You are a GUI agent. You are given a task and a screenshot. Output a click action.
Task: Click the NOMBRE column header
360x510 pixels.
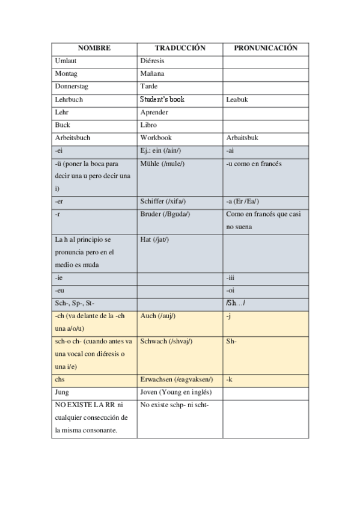[94, 48]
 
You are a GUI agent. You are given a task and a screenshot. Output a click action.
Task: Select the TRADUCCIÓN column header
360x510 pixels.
[180, 48]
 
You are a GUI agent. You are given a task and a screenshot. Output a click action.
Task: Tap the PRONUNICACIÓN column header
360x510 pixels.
[265, 48]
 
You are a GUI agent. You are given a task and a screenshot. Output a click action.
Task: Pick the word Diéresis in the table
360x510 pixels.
[152, 61]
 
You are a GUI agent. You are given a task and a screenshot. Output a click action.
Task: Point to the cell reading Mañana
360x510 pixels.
[152, 74]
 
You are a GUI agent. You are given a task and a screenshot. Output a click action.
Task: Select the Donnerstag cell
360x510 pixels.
[72, 87]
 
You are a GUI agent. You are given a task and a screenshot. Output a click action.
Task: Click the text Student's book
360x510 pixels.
[162, 99]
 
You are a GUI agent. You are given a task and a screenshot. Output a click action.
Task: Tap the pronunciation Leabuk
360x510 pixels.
[237, 100]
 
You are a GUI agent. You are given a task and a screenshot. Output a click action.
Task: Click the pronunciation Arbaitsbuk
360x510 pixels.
[242, 138]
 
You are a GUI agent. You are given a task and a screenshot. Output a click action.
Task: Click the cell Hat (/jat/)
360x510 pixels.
[154, 239]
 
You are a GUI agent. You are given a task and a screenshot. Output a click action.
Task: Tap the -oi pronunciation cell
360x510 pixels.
[230, 290]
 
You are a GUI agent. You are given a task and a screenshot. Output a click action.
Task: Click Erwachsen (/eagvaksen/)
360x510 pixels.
[176, 379]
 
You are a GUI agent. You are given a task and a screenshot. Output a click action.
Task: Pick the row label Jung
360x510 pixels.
[62, 392]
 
